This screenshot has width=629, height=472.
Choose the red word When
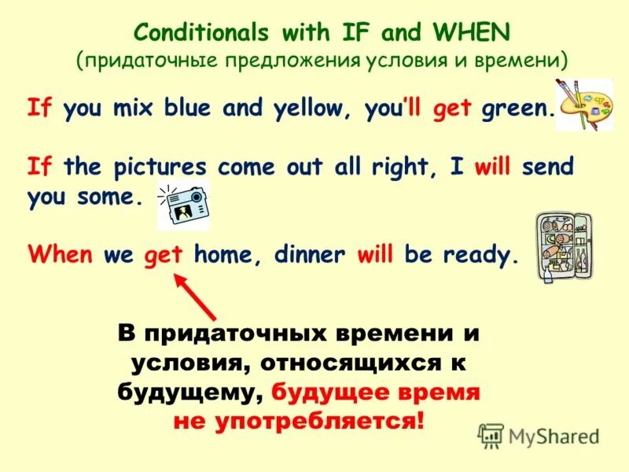point(61,255)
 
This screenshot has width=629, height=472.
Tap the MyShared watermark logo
point(538,436)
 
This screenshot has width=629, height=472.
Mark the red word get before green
point(451,111)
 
